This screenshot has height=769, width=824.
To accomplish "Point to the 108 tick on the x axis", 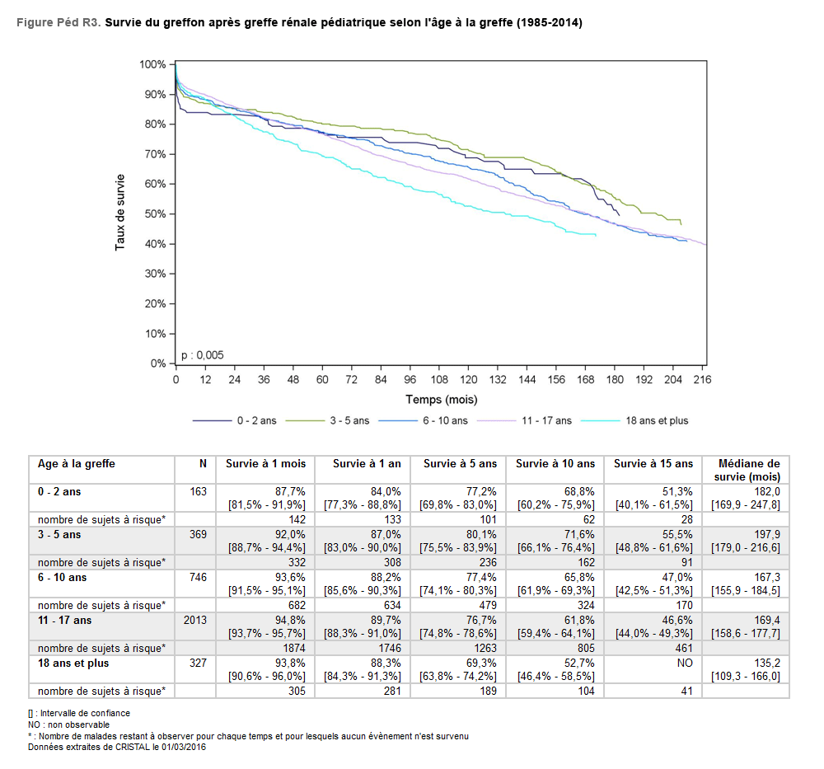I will click(x=439, y=380).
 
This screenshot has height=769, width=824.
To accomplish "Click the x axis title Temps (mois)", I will click(x=441, y=400).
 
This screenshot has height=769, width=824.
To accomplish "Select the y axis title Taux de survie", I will click(x=120, y=213).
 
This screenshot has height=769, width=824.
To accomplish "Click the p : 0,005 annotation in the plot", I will click(x=202, y=355).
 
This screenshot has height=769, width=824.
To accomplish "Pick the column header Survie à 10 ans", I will click(x=555, y=464).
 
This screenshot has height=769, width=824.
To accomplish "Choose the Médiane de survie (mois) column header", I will click(x=749, y=470).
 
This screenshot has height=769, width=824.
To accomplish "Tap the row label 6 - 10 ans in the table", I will click(x=63, y=578).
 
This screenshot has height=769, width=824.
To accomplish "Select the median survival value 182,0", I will click(x=767, y=491).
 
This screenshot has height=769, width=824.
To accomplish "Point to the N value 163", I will click(x=198, y=492).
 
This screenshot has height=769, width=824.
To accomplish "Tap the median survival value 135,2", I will click(x=767, y=663).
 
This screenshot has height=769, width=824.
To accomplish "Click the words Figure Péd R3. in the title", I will click(x=59, y=23).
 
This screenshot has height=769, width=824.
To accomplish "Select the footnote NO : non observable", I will click(x=68, y=724).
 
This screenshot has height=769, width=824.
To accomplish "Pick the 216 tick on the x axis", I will click(x=702, y=380).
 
